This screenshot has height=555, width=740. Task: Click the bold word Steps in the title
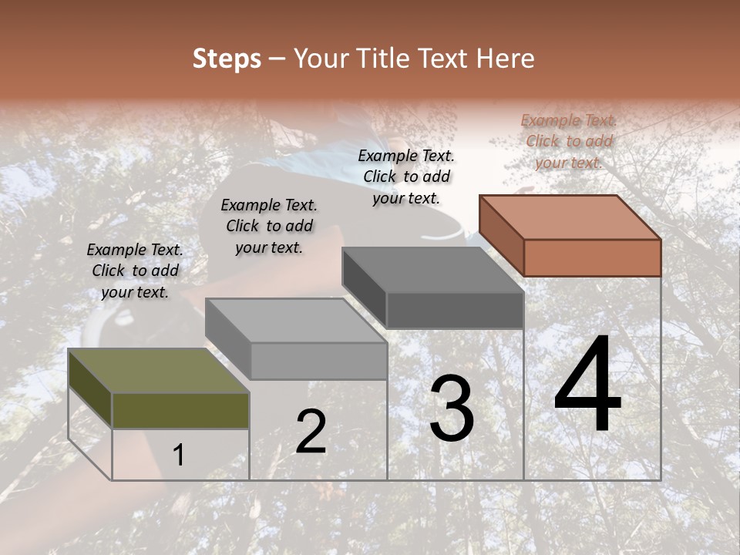coord(227,59)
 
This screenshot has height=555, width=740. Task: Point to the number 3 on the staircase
coord(451,409)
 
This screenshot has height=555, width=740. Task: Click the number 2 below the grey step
coord(311,432)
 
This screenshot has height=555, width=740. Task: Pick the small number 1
coord(179,456)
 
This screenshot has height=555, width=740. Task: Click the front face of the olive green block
coord(180,410)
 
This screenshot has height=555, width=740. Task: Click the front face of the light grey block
coord(318,361)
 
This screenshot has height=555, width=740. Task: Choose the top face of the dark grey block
coord(432,271)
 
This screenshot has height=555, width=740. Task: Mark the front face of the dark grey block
coord(455,310)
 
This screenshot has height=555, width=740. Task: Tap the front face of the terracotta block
coord(592,257)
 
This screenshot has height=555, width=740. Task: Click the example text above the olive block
coord(135,271)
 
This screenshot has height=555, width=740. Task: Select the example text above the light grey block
coord(269,226)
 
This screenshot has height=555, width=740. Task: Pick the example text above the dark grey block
coord(406,177)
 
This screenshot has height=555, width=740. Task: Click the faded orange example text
coord(569,141)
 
